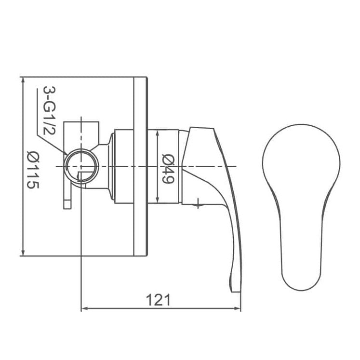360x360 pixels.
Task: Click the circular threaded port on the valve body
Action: click(x=82, y=166)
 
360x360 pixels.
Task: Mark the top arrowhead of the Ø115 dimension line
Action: click(x=23, y=80)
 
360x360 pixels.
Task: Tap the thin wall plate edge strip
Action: click(x=143, y=166)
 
